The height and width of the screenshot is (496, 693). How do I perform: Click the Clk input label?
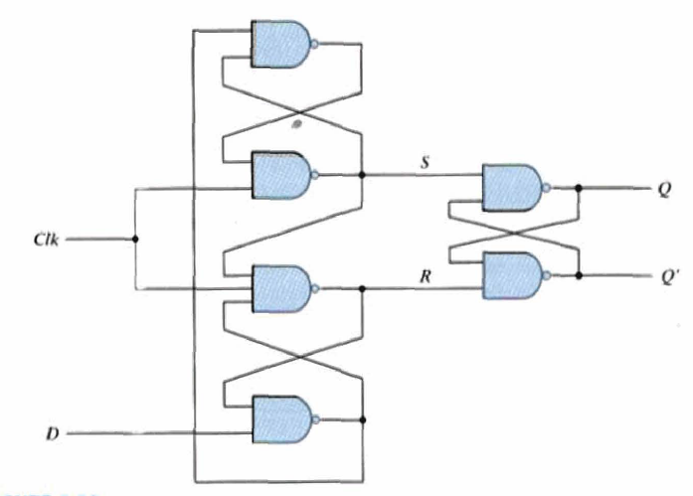click(47, 240)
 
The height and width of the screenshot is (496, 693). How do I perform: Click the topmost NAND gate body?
click(282, 45)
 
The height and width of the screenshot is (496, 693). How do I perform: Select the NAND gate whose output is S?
click(282, 174)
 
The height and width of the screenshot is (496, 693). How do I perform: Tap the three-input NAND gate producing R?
click(282, 288)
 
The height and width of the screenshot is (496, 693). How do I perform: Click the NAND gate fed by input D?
click(282, 417)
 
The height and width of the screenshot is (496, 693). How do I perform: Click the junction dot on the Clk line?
click(134, 240)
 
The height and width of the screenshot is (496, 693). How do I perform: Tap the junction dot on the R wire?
click(363, 288)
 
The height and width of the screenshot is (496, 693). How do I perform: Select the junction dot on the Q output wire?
click(578, 187)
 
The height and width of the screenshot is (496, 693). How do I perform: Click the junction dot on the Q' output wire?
click(578, 275)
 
